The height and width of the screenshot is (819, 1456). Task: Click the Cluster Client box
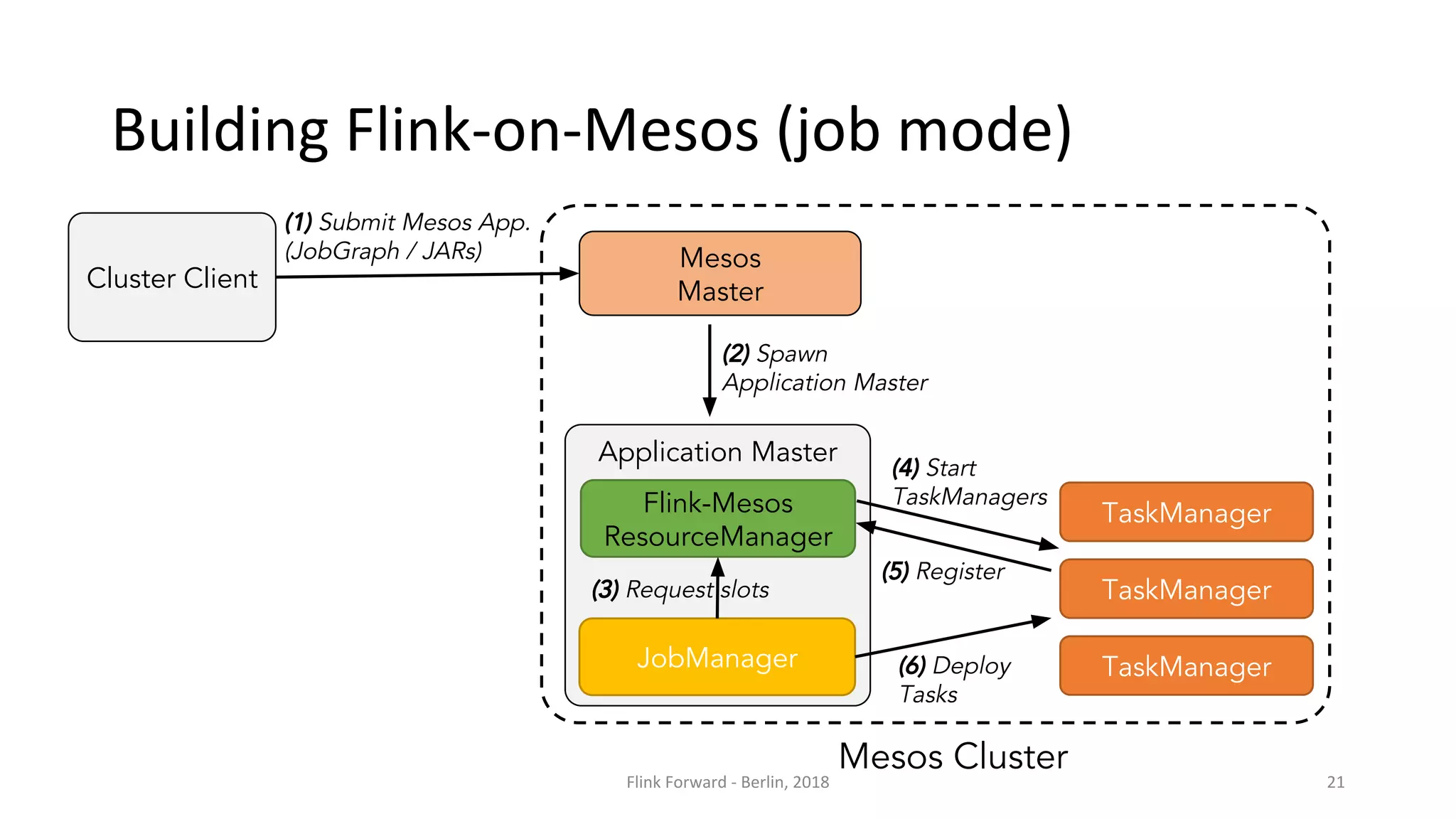pyautogui.click(x=171, y=277)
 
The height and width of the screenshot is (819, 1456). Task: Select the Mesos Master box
pyautogui.click(x=719, y=274)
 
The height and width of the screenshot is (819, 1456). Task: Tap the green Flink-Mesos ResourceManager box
pyautogui.click(x=717, y=519)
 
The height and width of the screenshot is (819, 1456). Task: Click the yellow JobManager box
pyautogui.click(x=717, y=658)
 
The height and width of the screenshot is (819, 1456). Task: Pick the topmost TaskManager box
pyautogui.click(x=1186, y=513)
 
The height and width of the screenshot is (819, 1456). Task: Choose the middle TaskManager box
pyautogui.click(x=1186, y=589)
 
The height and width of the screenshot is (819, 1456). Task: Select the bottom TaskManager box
pyautogui.click(x=1186, y=666)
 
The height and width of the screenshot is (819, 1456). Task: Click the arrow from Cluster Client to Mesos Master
pyautogui.click(x=427, y=275)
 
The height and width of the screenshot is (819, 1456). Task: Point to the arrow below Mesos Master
pyautogui.click(x=710, y=370)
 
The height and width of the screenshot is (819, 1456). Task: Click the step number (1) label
pyautogui.click(x=299, y=223)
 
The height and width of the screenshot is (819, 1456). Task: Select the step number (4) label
pyautogui.click(x=906, y=468)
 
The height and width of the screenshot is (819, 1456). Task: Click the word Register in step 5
pyautogui.click(x=960, y=572)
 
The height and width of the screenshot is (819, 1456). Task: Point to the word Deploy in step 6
pyautogui.click(x=971, y=666)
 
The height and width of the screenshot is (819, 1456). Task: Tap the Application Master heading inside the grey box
pyautogui.click(x=717, y=452)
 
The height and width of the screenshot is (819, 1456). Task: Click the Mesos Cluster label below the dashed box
pyautogui.click(x=953, y=756)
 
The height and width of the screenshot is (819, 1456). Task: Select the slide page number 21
pyautogui.click(x=1335, y=782)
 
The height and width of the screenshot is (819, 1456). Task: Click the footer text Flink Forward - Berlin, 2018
pyautogui.click(x=727, y=782)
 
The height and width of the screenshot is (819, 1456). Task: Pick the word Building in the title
pyautogui.click(x=220, y=132)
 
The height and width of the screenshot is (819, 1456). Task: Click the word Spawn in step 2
pyautogui.click(x=792, y=354)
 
